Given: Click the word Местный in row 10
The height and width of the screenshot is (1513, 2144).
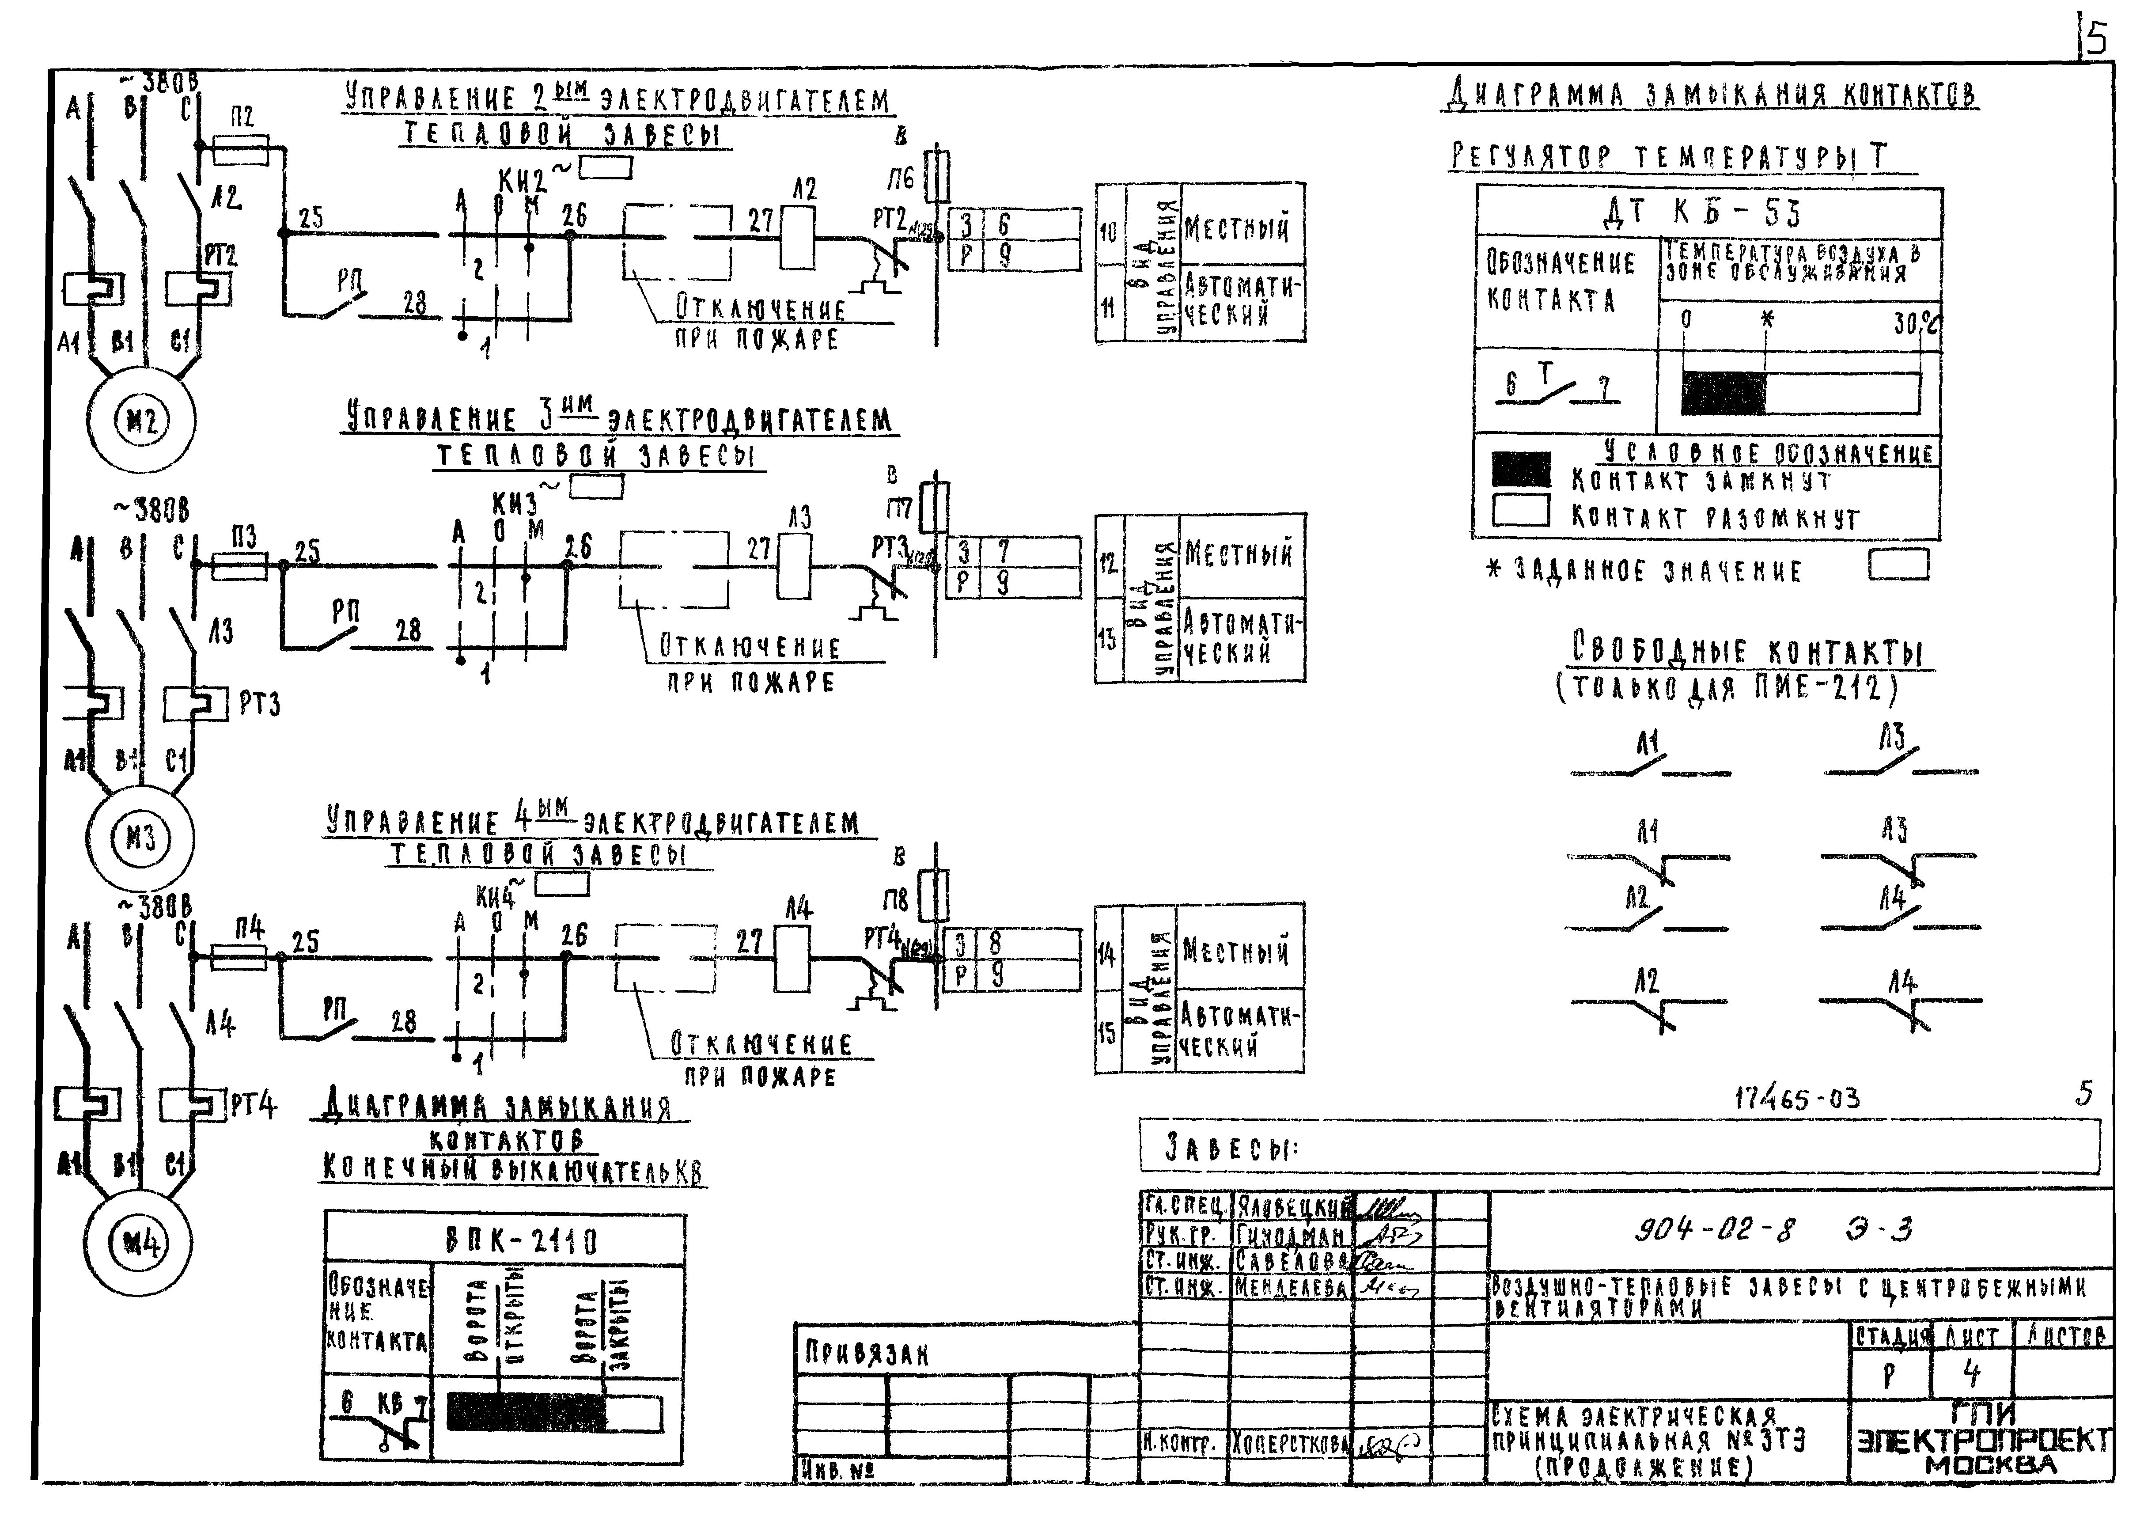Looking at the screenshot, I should [x=1236, y=227].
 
